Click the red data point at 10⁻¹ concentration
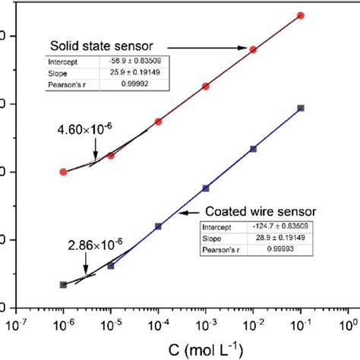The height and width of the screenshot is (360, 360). click(x=301, y=15)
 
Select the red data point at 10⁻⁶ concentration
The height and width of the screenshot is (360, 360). click(x=63, y=172)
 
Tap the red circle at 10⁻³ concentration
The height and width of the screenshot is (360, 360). click(x=206, y=87)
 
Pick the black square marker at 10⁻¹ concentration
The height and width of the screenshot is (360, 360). click(x=301, y=108)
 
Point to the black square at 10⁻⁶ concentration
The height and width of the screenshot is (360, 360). click(x=63, y=285)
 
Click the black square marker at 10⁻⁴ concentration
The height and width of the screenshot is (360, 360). click(x=158, y=226)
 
